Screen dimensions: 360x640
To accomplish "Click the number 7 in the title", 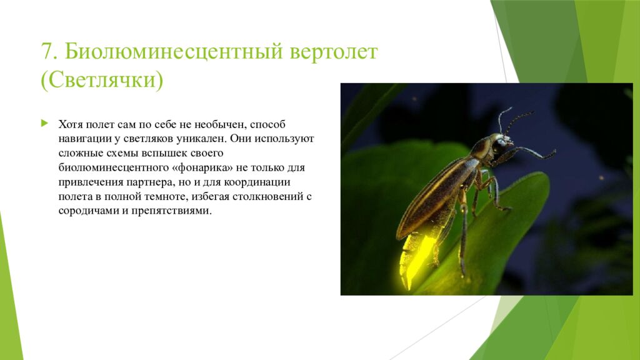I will click(47, 51).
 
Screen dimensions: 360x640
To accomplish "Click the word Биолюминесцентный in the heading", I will click(173, 51).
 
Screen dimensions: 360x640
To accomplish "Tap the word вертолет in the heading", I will click(333, 51).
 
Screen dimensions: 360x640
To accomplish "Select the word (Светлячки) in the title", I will click(102, 81).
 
